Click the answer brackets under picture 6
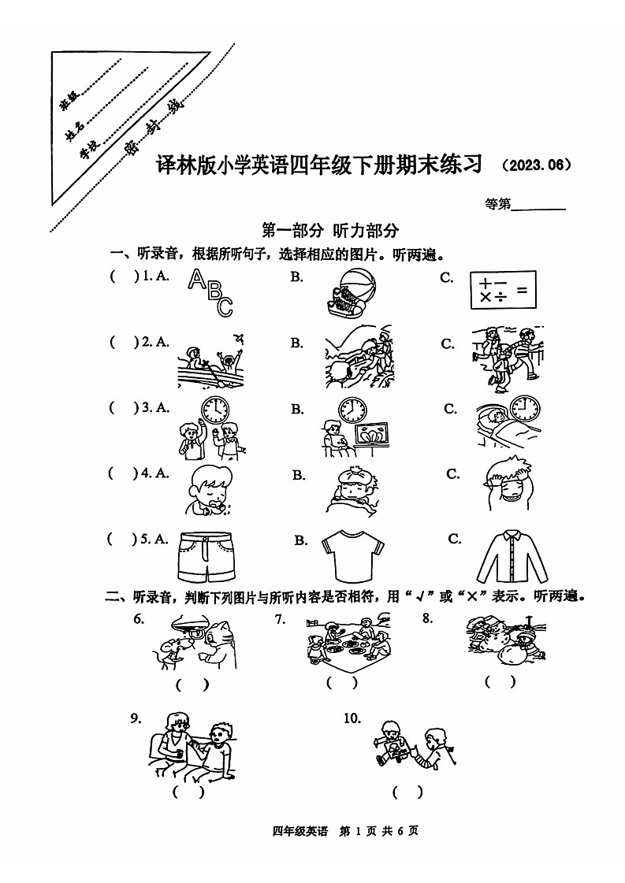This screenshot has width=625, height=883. [192, 685]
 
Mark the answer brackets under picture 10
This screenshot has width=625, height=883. [407, 792]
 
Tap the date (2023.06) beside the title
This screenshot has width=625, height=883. [535, 166]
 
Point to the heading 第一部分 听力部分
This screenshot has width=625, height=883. [331, 230]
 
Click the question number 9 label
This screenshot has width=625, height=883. [136, 718]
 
